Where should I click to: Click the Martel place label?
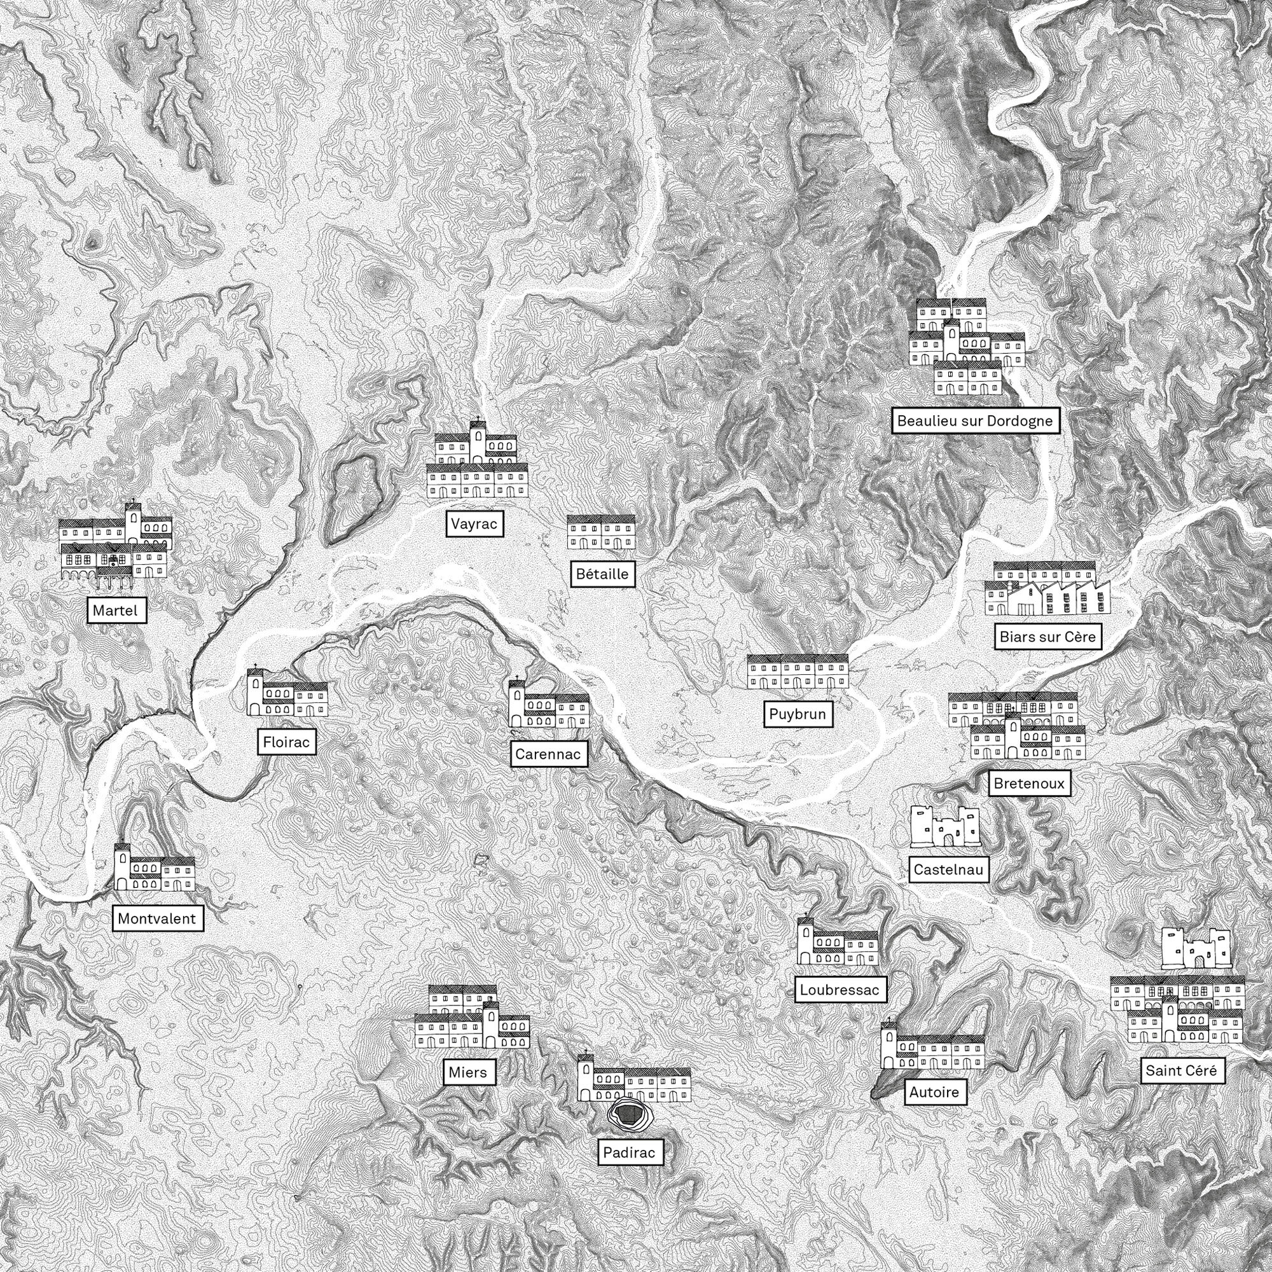115,611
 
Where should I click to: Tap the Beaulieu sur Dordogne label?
975,420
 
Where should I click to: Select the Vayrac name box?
474,524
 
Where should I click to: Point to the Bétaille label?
602,574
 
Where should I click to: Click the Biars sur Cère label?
1047,637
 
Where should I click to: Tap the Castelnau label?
948,869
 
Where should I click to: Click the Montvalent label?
157,918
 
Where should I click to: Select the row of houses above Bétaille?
601,532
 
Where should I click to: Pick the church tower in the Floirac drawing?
255,693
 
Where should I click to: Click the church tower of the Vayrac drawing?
478,441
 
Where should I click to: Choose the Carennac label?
548,754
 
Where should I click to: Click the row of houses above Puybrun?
798,672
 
